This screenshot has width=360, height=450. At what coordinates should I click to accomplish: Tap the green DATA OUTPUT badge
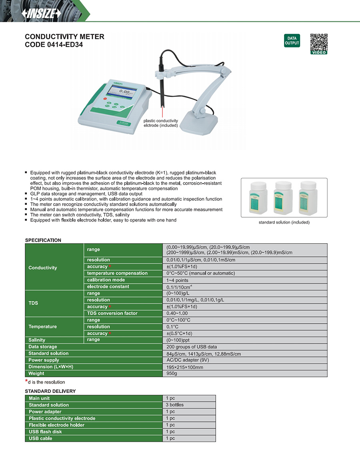point(292,41)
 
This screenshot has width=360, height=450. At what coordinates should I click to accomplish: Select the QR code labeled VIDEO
point(319,44)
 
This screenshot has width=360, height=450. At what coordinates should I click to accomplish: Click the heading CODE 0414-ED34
point(54,45)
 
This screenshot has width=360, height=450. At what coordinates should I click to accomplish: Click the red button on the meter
point(105,98)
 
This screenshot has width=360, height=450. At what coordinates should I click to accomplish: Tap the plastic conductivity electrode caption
point(161,123)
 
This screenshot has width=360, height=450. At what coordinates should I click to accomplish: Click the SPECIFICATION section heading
point(43,240)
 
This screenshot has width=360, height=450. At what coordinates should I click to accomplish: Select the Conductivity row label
point(43,268)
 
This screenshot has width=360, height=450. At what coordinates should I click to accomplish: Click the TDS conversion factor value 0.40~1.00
point(177,313)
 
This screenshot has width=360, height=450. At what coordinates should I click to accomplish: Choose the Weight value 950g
point(172,374)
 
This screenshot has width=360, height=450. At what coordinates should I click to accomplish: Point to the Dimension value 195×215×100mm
point(184,367)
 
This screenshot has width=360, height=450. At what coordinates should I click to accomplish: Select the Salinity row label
point(37,340)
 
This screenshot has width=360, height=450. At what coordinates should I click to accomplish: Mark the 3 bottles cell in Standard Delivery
point(174,405)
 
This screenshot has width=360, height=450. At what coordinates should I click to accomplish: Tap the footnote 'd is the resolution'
point(46,382)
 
